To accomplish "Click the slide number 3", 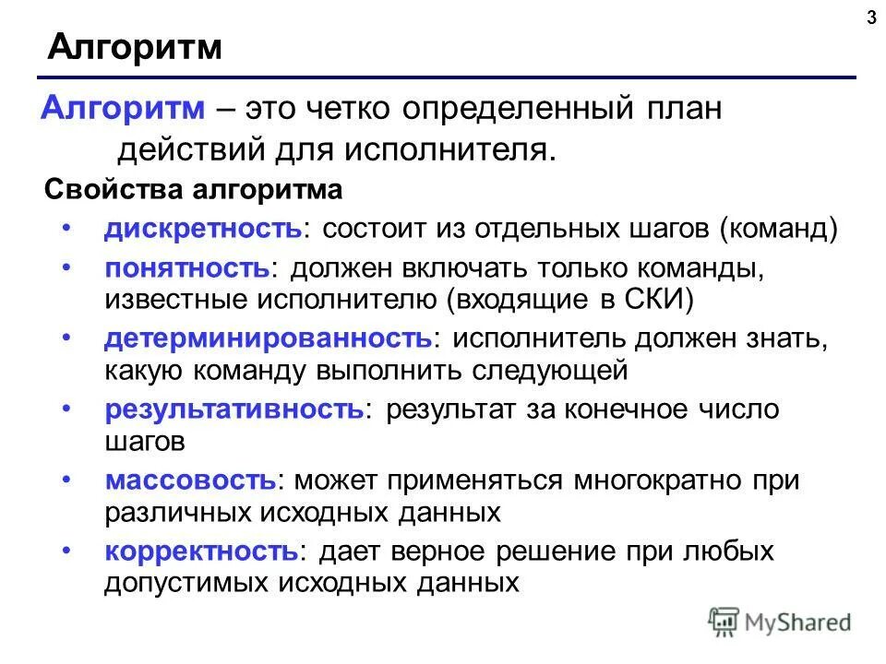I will (x=871, y=17).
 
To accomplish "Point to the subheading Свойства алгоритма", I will (x=193, y=190).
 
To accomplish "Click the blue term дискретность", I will (x=202, y=229).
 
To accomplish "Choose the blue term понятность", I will (x=186, y=268).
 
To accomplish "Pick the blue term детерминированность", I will (x=267, y=338).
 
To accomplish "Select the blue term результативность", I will (x=234, y=408).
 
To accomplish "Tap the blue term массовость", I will (x=189, y=480).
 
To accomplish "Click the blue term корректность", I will (x=199, y=551).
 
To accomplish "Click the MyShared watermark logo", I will (x=779, y=622).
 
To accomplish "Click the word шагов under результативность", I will (x=145, y=441).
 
